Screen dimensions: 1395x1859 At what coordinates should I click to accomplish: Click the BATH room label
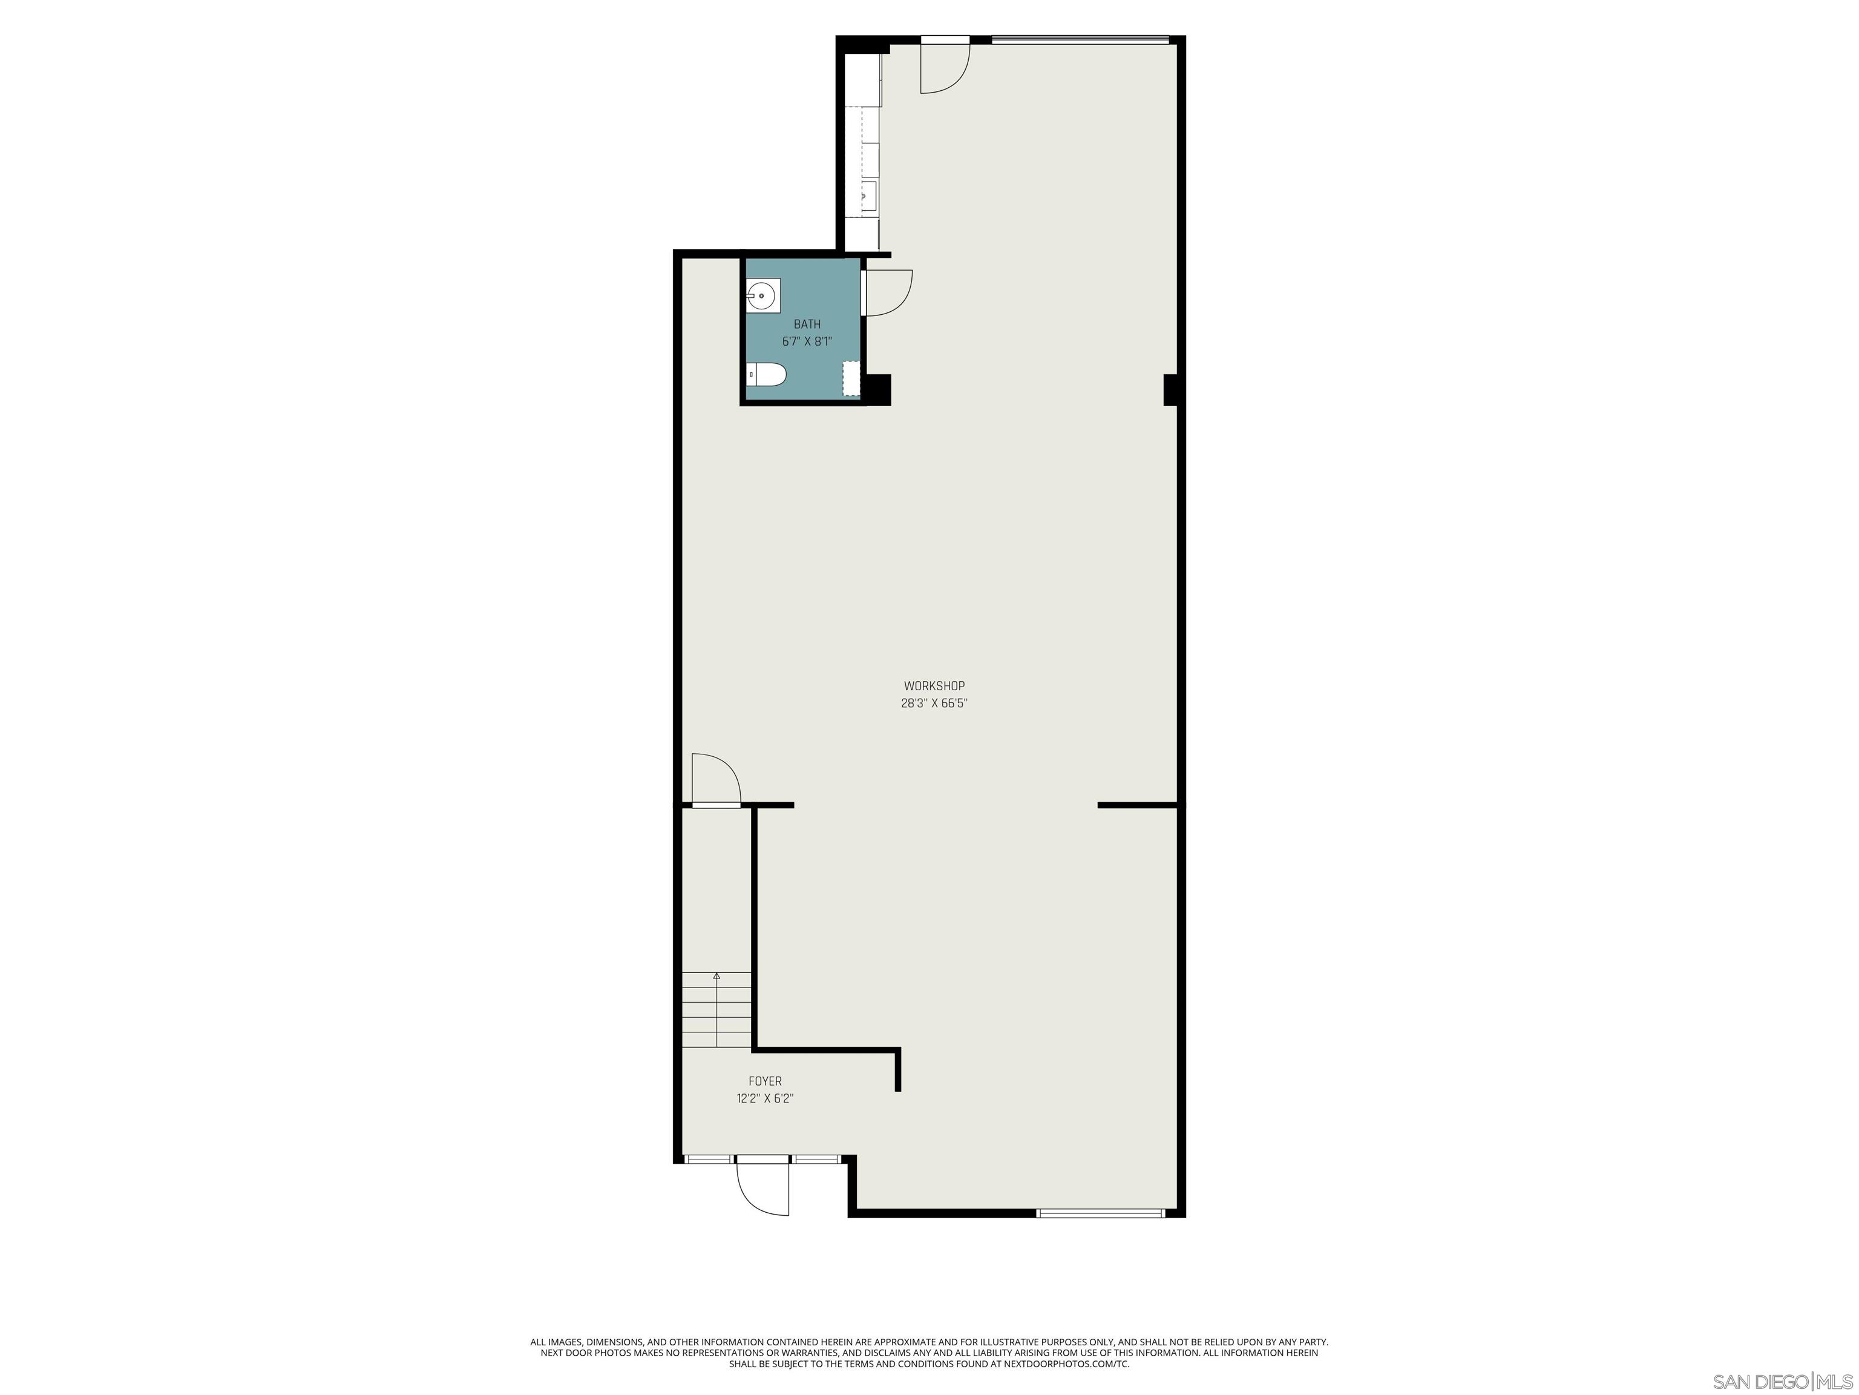tap(807, 324)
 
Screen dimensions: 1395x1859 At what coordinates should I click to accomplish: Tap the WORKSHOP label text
tap(934, 686)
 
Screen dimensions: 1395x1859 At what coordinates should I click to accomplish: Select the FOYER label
tap(765, 1081)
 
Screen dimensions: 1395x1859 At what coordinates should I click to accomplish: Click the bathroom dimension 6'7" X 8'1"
tap(807, 341)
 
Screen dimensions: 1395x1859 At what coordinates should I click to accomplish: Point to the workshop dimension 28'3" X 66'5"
tap(934, 704)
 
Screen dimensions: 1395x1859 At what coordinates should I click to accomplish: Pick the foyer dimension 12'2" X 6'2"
tap(765, 1098)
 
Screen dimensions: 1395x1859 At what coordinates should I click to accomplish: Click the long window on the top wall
tap(1080, 39)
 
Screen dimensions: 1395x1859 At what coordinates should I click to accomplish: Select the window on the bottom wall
tap(1100, 1213)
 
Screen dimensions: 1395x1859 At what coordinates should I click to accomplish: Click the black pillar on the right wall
tap(1169, 390)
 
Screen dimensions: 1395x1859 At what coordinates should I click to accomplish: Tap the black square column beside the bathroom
tap(877, 389)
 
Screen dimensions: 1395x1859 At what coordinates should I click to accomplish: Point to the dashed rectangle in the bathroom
tap(852, 378)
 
